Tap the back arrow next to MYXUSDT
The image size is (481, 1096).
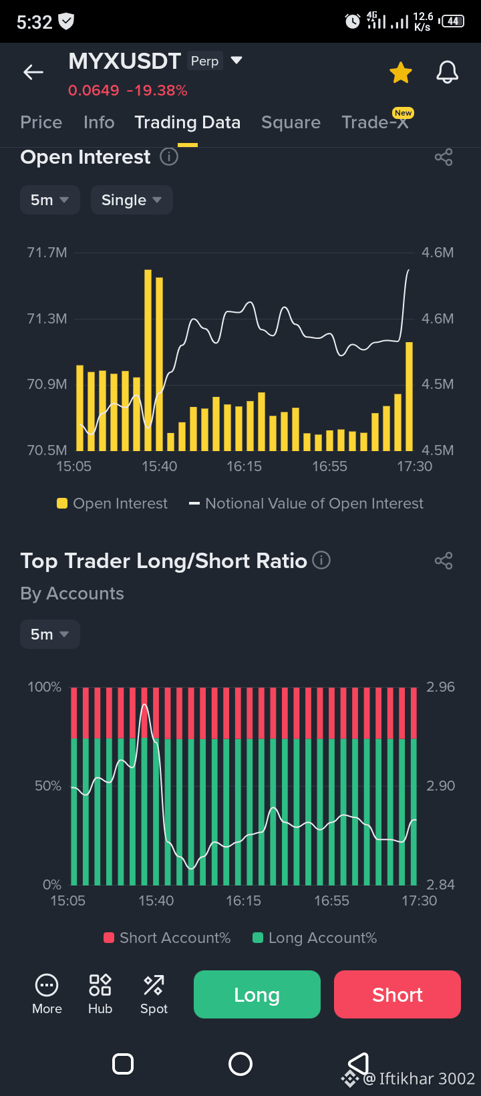pyautogui.click(x=33, y=72)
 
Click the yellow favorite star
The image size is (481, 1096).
pyautogui.click(x=401, y=72)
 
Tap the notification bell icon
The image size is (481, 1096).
pyautogui.click(x=447, y=72)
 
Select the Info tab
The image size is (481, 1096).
pyautogui.click(x=99, y=122)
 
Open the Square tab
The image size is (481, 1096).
pyautogui.click(x=291, y=122)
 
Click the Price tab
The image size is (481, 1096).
pyautogui.click(x=41, y=122)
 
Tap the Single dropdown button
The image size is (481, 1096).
pyautogui.click(x=132, y=200)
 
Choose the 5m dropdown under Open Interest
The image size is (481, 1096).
pyautogui.click(x=50, y=200)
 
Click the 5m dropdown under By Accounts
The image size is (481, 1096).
pyautogui.click(x=50, y=634)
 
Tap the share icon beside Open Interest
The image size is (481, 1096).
pyautogui.click(x=444, y=158)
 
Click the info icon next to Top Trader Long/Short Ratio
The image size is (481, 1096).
pyautogui.click(x=321, y=560)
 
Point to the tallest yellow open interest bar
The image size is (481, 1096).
pyautogui.click(x=148, y=360)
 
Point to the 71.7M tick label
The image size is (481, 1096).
pyautogui.click(x=47, y=253)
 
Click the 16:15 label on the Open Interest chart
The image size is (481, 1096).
pyautogui.click(x=244, y=466)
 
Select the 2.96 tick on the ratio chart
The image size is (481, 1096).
pyautogui.click(x=440, y=687)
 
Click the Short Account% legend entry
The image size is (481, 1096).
pyautogui.click(x=167, y=938)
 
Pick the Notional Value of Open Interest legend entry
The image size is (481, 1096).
pyautogui.click(x=307, y=503)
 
